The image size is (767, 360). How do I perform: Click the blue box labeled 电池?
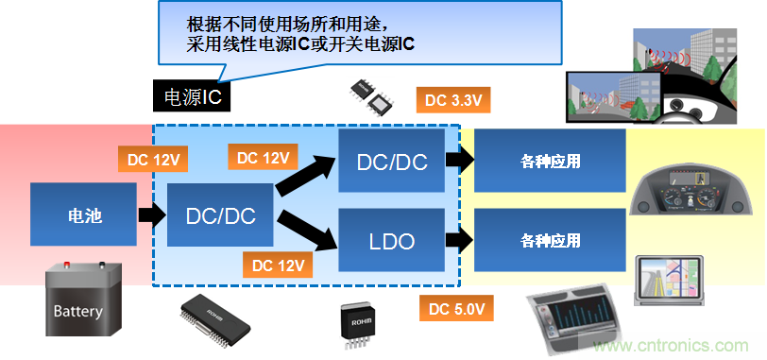(x=84, y=216)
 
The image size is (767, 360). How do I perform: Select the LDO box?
(x=391, y=241)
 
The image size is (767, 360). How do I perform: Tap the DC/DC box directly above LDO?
(x=391, y=162)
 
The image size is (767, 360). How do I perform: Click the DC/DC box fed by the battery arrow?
(x=220, y=216)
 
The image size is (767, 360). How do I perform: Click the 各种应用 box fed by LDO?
(x=550, y=240)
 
